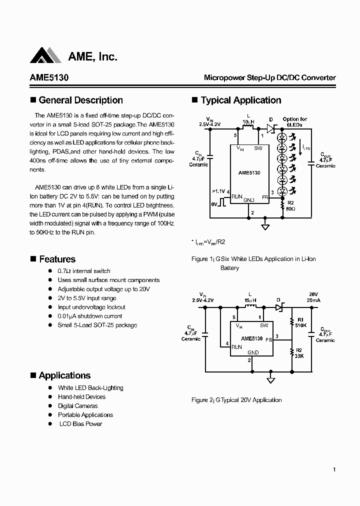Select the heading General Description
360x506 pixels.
[x=80, y=100]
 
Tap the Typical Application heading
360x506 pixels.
[x=240, y=100]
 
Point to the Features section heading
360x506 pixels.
[x=57, y=259]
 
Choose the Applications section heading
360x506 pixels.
[x=64, y=376]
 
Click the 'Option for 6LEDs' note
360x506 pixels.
[x=294, y=121]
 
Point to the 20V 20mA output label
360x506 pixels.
[x=313, y=297]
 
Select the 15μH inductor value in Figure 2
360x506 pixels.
[x=250, y=300]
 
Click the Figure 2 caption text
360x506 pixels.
[x=236, y=400]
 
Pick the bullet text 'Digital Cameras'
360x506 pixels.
[x=77, y=406]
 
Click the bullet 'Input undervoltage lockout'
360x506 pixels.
[x=91, y=307]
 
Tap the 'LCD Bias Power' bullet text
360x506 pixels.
[x=80, y=424]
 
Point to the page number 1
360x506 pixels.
[x=333, y=469]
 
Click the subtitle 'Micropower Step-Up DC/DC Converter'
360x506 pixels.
[x=269, y=78]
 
